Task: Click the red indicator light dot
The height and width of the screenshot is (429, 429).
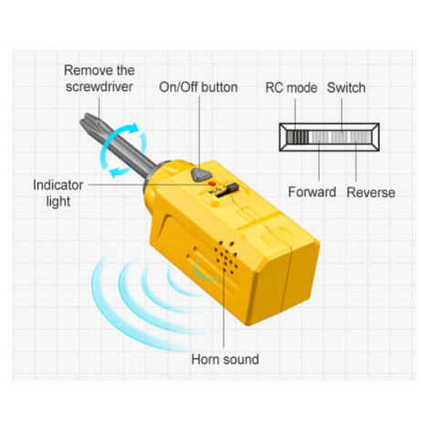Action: (212, 183)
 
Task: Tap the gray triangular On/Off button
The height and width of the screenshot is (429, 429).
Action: (201, 174)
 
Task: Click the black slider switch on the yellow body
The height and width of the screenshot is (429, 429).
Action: (232, 189)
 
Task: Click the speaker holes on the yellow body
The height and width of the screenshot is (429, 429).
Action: (225, 258)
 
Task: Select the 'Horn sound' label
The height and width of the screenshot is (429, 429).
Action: (225, 360)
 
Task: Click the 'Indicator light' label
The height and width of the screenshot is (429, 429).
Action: (58, 193)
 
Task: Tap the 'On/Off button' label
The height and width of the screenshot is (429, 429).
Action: (198, 88)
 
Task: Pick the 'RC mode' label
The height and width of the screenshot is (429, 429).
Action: (291, 88)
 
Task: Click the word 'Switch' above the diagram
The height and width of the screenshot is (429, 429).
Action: (346, 88)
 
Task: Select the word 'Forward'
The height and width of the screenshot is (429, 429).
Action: (312, 192)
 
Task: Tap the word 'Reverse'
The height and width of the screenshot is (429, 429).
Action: (371, 193)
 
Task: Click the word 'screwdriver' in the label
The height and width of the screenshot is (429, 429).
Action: (99, 87)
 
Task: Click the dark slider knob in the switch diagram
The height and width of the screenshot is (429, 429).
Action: (298, 137)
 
